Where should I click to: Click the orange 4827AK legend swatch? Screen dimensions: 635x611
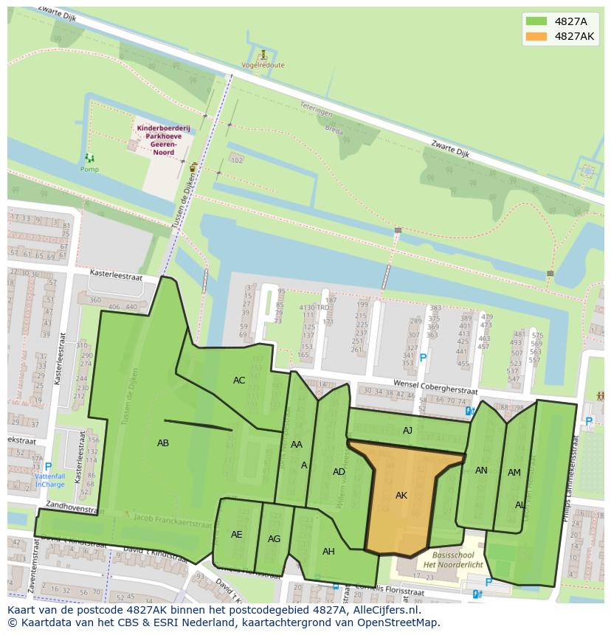pos(536,36)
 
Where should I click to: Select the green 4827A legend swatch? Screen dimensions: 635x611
pos(536,21)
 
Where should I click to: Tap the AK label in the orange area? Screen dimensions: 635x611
pos(401,496)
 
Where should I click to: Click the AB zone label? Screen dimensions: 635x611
pos(163,443)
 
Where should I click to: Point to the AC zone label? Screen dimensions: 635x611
pos(239,381)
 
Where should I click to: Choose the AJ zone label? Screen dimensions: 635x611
pos(407,431)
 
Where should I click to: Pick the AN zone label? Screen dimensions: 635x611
pos(481,471)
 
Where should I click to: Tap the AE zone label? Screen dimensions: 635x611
pos(236,535)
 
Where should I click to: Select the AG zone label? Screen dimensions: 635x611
pos(274,539)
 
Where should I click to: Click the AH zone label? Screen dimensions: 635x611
pos(328,552)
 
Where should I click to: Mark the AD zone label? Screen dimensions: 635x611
pos(339,472)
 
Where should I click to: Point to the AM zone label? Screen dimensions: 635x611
pos(514,473)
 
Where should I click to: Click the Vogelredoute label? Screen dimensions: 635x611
pos(263,65)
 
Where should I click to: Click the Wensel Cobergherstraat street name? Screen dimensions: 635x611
pos(435,388)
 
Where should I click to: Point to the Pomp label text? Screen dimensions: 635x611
pos(89,170)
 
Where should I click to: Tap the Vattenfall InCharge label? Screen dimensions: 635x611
pos(49,480)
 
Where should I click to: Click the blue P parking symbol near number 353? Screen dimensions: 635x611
pos(423,358)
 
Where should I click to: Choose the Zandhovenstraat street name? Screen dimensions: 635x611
pos(71,508)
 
